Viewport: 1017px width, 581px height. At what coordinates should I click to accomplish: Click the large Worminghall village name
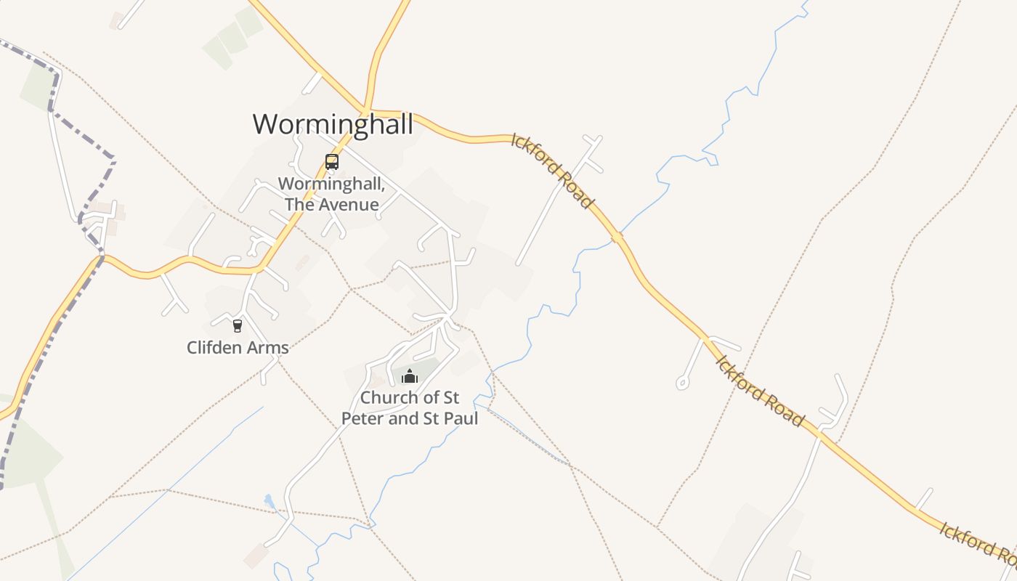(333, 124)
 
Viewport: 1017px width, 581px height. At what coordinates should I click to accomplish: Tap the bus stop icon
(332, 162)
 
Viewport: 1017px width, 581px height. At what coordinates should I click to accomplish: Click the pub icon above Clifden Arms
(237, 325)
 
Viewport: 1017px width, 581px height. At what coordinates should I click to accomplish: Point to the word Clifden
(212, 348)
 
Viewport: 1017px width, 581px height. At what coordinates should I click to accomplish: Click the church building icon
(410, 376)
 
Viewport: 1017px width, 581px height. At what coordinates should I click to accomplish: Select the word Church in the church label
(389, 398)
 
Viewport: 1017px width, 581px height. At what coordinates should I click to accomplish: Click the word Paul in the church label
(459, 419)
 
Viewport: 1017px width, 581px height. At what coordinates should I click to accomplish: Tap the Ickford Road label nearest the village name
(552, 171)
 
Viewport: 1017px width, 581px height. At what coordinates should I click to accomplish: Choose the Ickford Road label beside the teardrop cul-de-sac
(760, 391)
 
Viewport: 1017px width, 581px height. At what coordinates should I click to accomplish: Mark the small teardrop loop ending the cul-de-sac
(682, 382)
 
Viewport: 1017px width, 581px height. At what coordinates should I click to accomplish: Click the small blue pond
(269, 501)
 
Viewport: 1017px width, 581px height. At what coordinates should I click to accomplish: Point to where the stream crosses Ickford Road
(617, 237)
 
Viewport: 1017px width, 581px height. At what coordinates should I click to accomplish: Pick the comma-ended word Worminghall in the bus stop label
(331, 184)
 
